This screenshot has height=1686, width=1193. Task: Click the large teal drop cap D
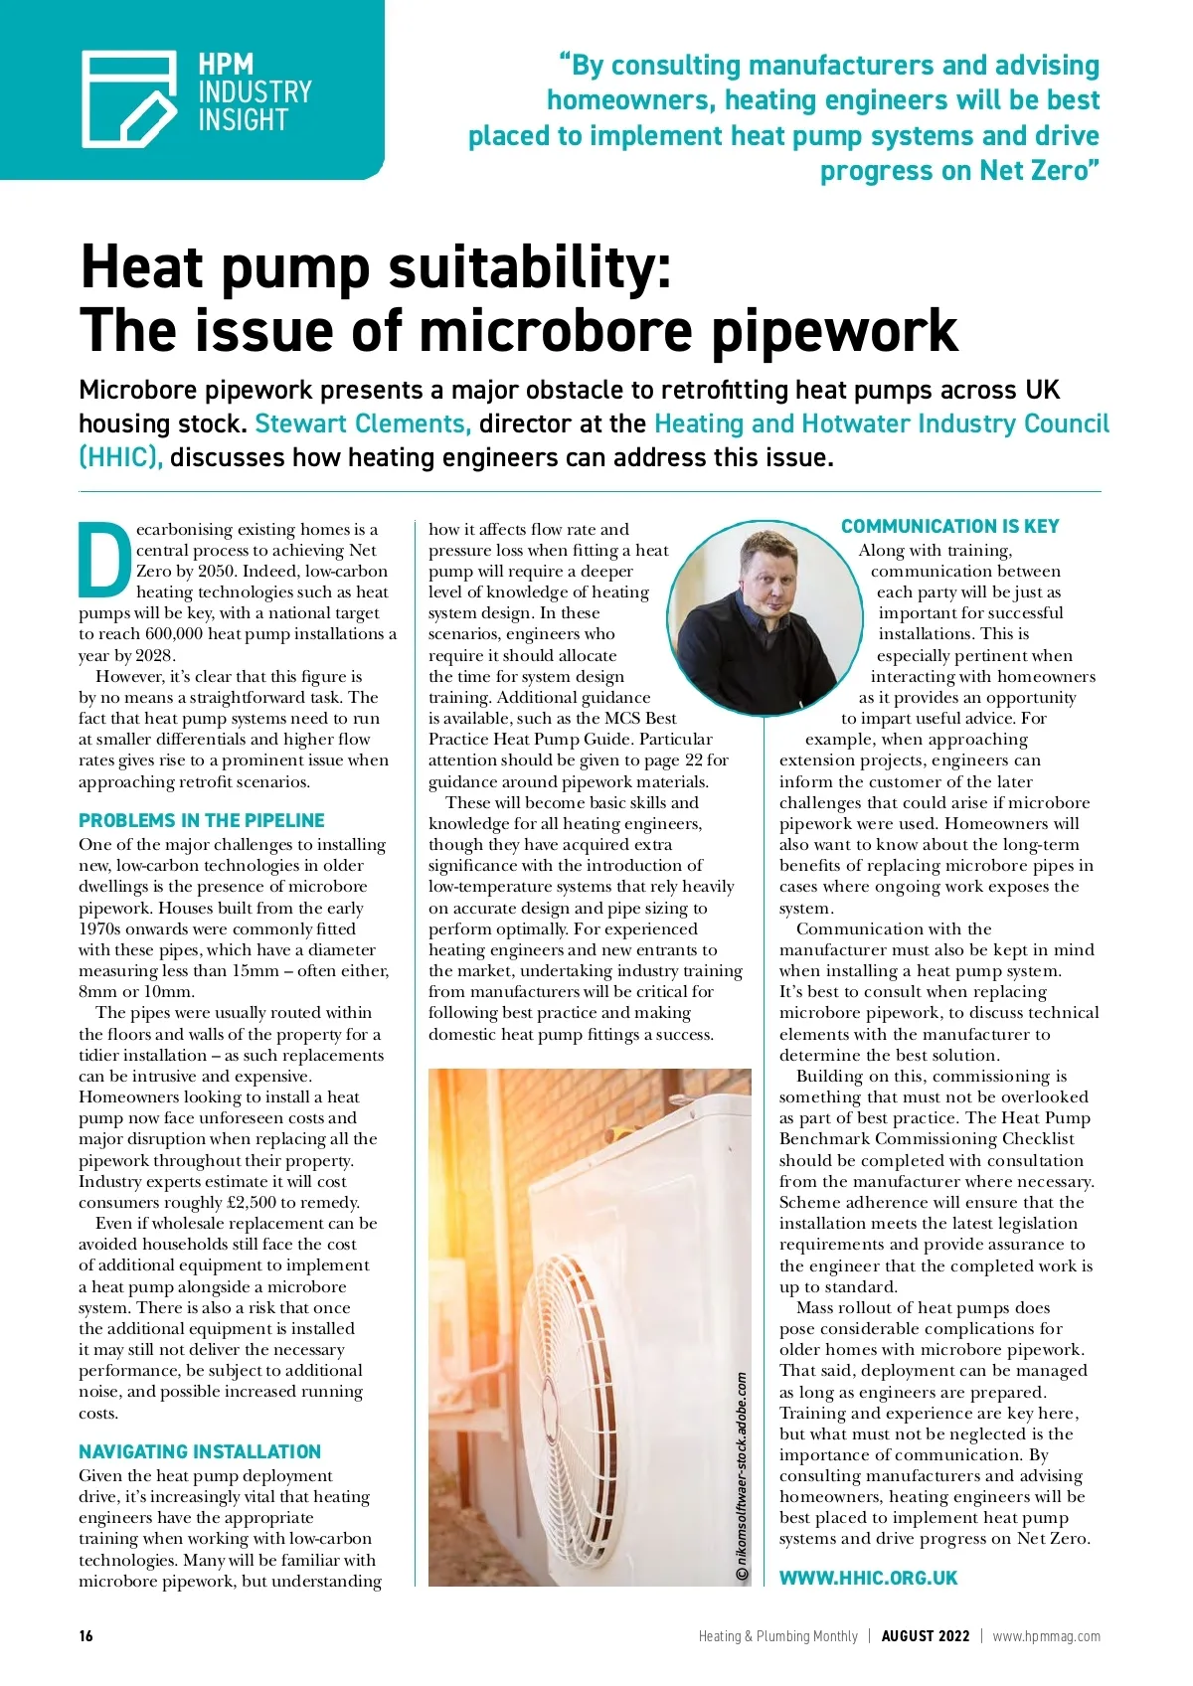coord(103,558)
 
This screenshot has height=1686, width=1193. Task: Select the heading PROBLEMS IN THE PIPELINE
coord(202,820)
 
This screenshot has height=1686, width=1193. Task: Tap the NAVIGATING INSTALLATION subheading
coord(200,1451)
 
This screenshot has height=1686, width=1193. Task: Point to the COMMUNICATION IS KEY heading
coord(949,526)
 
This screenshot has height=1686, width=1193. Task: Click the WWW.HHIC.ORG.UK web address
coord(868,1578)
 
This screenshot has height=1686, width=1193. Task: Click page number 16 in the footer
coord(86,1635)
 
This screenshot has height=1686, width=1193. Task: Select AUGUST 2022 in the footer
coord(925,1635)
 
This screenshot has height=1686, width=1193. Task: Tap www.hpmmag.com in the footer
coord(1046,1635)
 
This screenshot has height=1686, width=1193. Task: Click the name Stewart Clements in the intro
coord(362,423)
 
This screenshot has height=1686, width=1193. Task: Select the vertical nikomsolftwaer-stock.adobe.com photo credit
coord(742,1476)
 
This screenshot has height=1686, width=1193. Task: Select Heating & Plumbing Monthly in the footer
coord(777,1635)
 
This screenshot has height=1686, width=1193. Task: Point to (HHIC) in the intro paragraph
coord(120,457)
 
